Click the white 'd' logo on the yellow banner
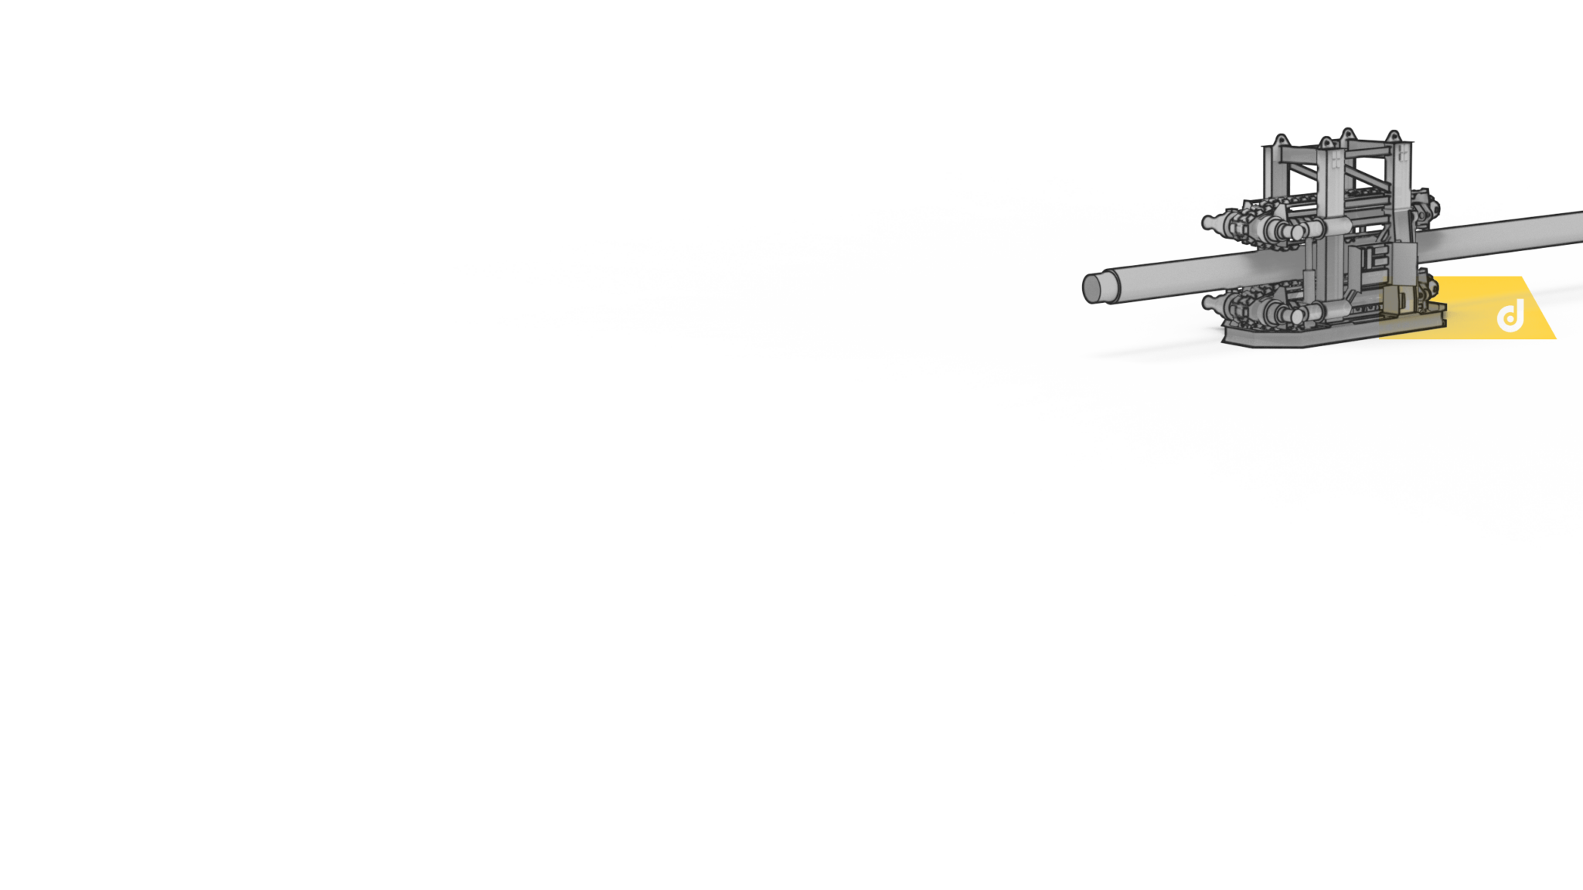pyautogui.click(x=1510, y=316)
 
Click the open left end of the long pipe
pyautogui.click(x=1092, y=287)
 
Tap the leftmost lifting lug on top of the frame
pyautogui.click(x=1281, y=140)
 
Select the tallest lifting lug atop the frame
pyautogui.click(x=1347, y=132)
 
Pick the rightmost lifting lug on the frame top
pyautogui.click(x=1394, y=135)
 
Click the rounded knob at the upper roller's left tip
pyautogui.click(x=1207, y=222)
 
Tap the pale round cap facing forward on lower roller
pyautogui.click(x=1297, y=314)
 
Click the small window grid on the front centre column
pyautogui.click(x=1336, y=161)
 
